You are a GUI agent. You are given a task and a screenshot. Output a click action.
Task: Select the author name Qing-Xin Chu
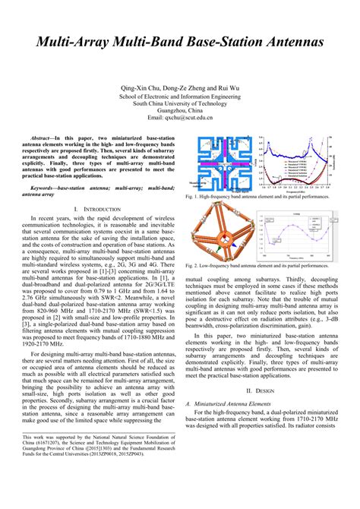tap(138, 90)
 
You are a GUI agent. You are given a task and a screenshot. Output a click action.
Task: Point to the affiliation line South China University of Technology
tap(180, 104)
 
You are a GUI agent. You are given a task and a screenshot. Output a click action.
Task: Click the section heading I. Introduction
tap(98, 207)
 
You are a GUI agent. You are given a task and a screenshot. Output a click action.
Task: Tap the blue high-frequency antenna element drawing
tap(220, 163)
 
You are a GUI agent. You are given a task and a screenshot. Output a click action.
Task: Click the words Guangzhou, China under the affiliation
tap(180, 112)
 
